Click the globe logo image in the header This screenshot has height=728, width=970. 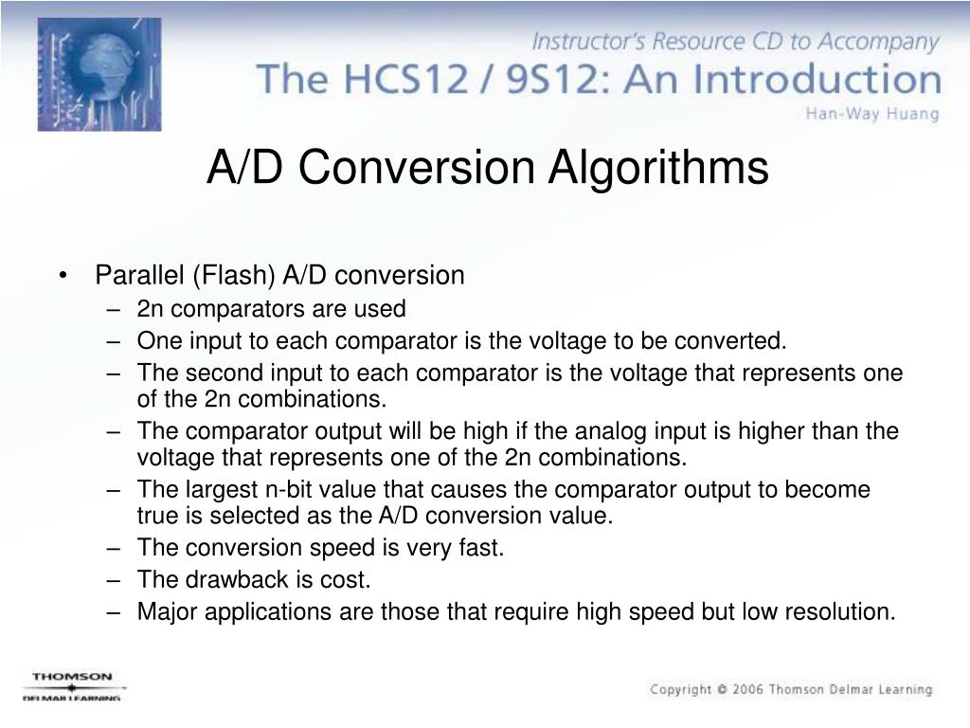coord(99,74)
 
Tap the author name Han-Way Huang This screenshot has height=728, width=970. coord(871,115)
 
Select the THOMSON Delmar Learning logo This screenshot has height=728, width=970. coord(73,685)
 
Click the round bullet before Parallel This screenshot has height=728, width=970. coord(63,276)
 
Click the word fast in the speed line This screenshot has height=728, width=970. coord(480,548)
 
